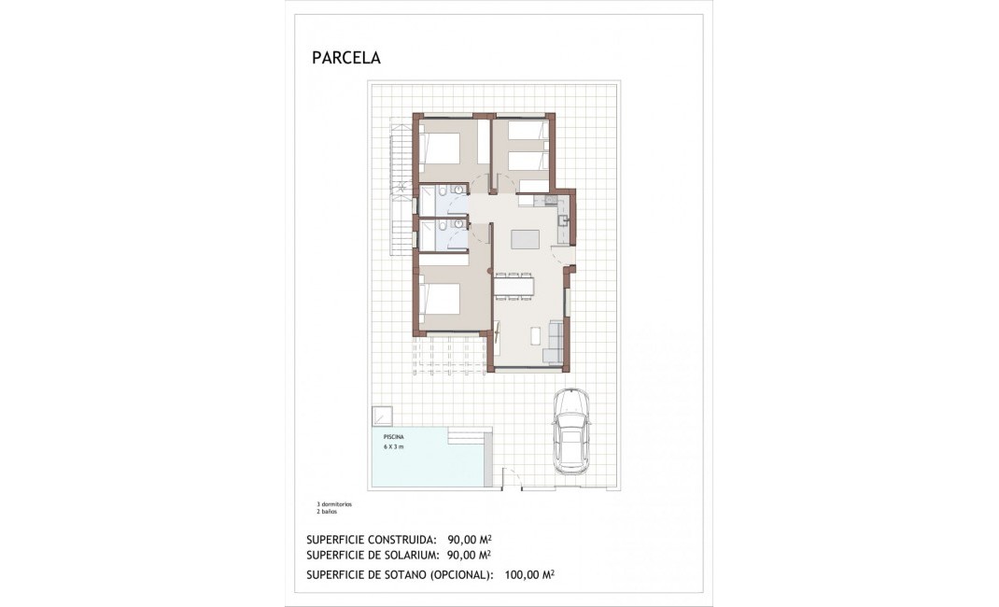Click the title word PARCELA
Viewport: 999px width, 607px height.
(x=346, y=58)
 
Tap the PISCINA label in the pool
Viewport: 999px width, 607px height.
(x=393, y=437)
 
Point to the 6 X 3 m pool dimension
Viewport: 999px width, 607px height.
(x=393, y=447)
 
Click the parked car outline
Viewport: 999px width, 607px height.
(x=570, y=431)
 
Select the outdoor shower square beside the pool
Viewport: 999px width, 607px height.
(x=382, y=415)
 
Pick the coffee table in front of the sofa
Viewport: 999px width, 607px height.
(x=536, y=336)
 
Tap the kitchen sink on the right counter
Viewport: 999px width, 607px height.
(x=564, y=220)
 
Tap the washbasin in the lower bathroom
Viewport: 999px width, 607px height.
(x=458, y=224)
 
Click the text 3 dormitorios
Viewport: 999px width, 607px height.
(x=334, y=504)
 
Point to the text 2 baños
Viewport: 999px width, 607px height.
(x=326, y=511)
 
